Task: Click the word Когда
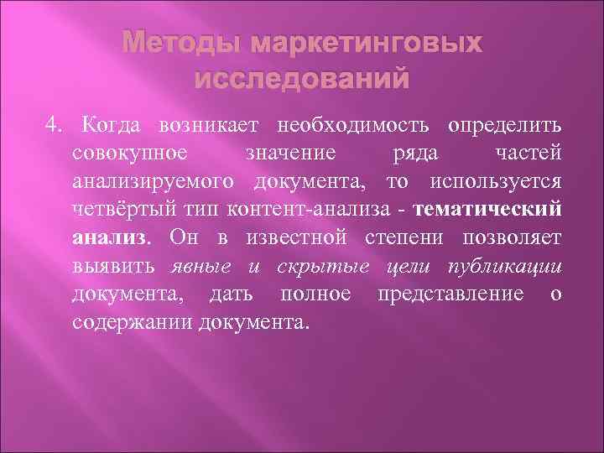point(114,127)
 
